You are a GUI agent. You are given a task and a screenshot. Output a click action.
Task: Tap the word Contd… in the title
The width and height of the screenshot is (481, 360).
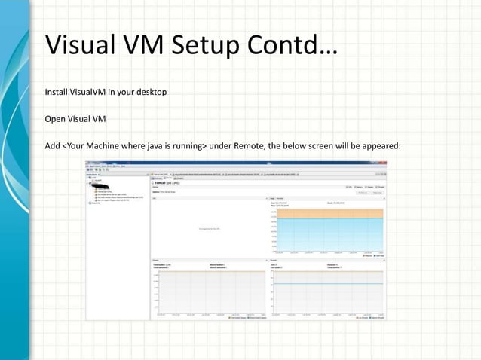coord(291,45)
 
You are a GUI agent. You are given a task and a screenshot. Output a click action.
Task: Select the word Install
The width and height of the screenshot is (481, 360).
coord(57,93)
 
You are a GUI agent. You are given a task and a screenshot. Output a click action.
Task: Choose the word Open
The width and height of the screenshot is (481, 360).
coord(56,117)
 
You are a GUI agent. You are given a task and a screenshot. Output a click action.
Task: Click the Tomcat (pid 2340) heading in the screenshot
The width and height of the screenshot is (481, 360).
coord(169,182)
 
